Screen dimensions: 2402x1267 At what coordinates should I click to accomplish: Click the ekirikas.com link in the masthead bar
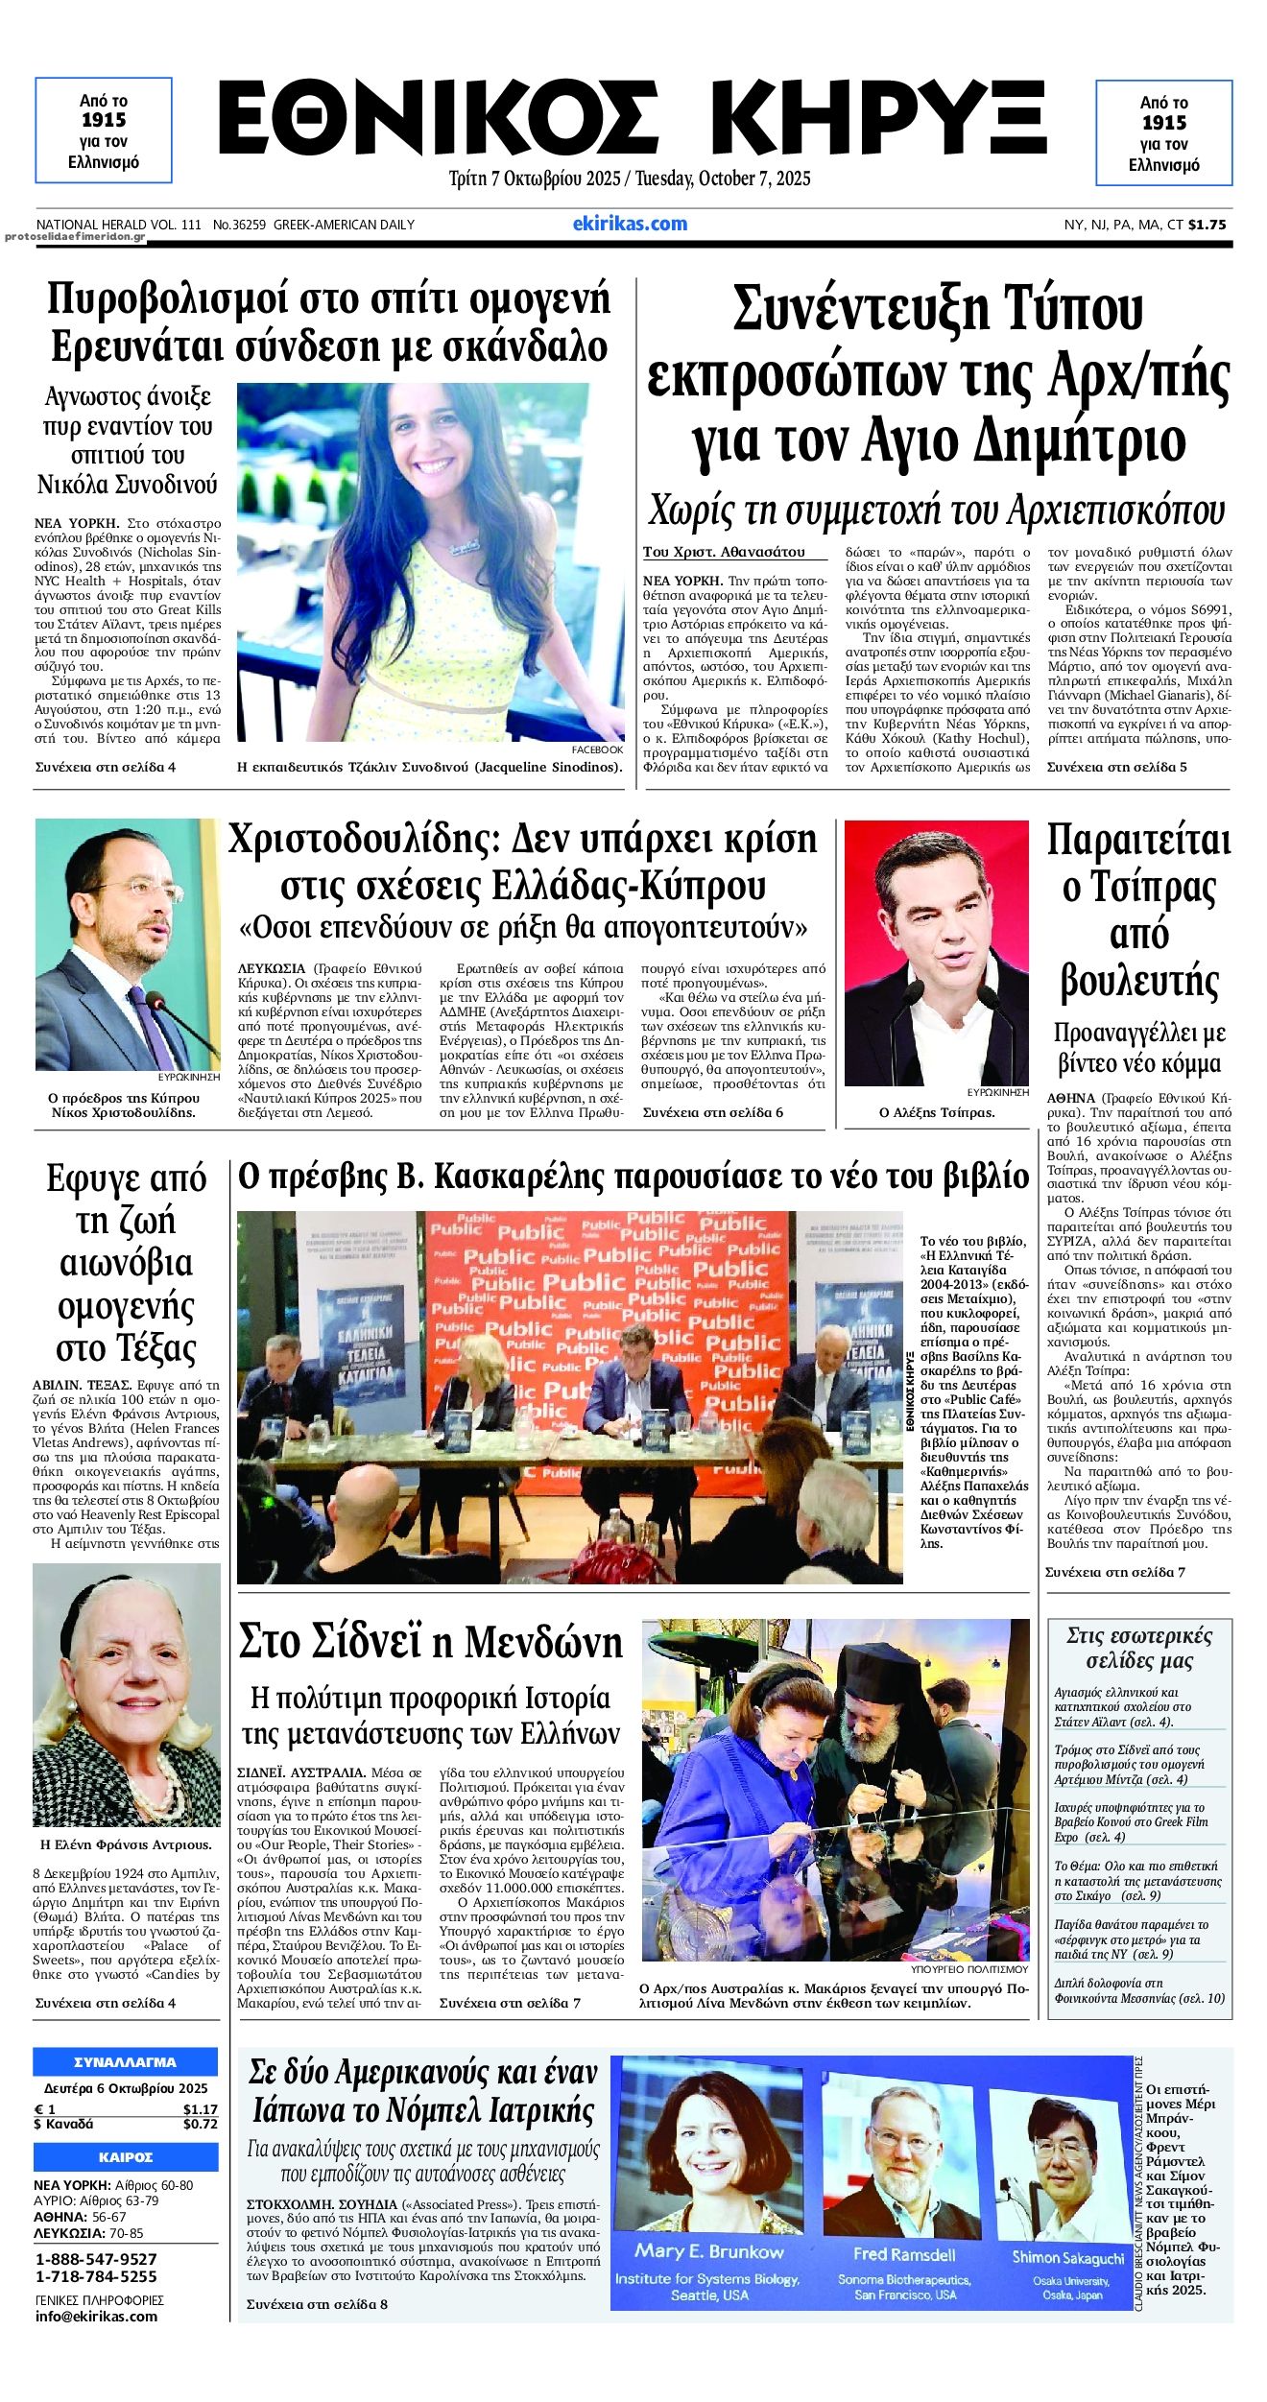tap(630, 224)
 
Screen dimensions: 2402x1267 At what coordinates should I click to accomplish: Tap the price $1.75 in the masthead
tap(1207, 225)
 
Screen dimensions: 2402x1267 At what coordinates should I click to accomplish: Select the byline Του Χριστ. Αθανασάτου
tap(724, 552)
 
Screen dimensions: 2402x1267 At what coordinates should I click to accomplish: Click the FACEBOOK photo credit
tap(597, 749)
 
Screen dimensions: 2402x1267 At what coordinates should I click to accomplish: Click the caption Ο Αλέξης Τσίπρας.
tap(936, 1112)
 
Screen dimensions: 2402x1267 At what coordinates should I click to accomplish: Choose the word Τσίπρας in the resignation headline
tap(1138, 888)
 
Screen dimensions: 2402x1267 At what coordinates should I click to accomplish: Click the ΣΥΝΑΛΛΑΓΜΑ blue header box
tap(126, 2061)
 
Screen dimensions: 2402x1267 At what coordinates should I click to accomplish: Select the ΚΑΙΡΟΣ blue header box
tap(126, 2156)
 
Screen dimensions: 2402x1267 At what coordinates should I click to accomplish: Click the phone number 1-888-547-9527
tap(96, 2258)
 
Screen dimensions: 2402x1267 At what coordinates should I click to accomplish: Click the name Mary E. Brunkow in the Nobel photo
tap(708, 2251)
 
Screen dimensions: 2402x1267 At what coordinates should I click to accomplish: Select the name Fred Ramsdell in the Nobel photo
tap(904, 2254)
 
